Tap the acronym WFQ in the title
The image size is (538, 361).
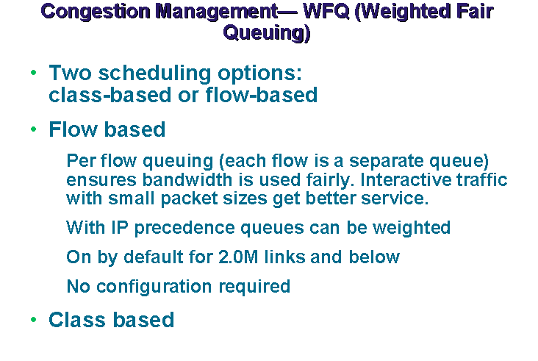pyautogui.click(x=326, y=11)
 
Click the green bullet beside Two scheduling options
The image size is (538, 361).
pyautogui.click(x=33, y=72)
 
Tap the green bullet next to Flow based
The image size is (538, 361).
pyautogui.click(x=33, y=129)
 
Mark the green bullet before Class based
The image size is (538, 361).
pyautogui.click(x=33, y=320)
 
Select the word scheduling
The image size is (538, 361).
pyautogui.click(x=154, y=74)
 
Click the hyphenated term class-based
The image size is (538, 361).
pyautogui.click(x=110, y=95)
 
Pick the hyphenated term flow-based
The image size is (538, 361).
pyautogui.click(x=262, y=95)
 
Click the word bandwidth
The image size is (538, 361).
pyautogui.click(x=187, y=179)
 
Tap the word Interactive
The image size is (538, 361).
pyautogui.click(x=405, y=179)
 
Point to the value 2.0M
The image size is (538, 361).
pyautogui.click(x=238, y=257)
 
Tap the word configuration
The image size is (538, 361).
pyautogui.click(x=154, y=287)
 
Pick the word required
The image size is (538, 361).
pyautogui.click(x=254, y=287)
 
